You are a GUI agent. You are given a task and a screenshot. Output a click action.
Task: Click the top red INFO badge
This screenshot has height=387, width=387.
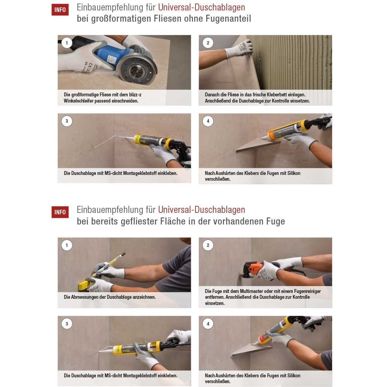[x=60, y=10]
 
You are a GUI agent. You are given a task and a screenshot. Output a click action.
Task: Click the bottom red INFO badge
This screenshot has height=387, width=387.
[x=60, y=212]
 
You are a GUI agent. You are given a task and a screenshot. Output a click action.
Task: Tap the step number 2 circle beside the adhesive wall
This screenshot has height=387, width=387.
[x=208, y=43]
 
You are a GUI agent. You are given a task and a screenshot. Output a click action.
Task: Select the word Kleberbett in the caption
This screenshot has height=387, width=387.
[x=277, y=94]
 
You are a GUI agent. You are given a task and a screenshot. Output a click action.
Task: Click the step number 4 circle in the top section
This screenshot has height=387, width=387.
[x=208, y=121]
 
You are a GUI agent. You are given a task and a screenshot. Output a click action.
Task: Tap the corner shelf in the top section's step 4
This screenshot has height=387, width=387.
[x=258, y=145]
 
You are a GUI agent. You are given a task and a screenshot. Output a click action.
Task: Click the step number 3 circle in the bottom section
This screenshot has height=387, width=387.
[x=67, y=324]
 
